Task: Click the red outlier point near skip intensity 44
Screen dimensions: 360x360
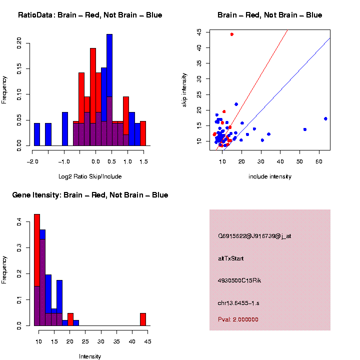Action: pyautogui.click(x=232, y=34)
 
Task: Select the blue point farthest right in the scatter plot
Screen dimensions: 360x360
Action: pyautogui.click(x=325, y=118)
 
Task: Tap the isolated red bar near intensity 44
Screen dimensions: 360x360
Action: pyautogui.click(x=143, y=319)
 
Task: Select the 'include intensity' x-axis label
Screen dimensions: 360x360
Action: pyautogui.click(x=270, y=176)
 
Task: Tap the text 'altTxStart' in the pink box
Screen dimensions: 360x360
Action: pyautogui.click(x=231, y=258)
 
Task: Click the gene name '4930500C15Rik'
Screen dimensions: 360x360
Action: pyautogui.click(x=239, y=280)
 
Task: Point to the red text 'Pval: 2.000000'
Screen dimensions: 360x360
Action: pyautogui.click(x=238, y=319)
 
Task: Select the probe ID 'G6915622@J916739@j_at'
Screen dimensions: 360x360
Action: pyautogui.click(x=254, y=236)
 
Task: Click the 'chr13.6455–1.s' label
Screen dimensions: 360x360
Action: pyautogui.click(x=238, y=303)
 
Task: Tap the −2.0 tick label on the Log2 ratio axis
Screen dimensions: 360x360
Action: pyautogui.click(x=32, y=161)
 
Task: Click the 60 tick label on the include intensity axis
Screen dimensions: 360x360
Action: pyautogui.click(x=319, y=161)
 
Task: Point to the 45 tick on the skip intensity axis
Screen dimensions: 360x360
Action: pyautogui.click(x=199, y=31)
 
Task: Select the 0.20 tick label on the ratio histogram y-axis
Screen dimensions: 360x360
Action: pyautogui.click(x=19, y=42)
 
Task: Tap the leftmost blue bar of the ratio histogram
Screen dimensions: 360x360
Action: pyautogui.click(x=37, y=134)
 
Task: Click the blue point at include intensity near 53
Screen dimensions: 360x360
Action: pyautogui.click(x=305, y=129)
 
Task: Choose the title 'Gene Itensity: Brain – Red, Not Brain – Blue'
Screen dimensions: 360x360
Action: pyautogui.click(x=90, y=195)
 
